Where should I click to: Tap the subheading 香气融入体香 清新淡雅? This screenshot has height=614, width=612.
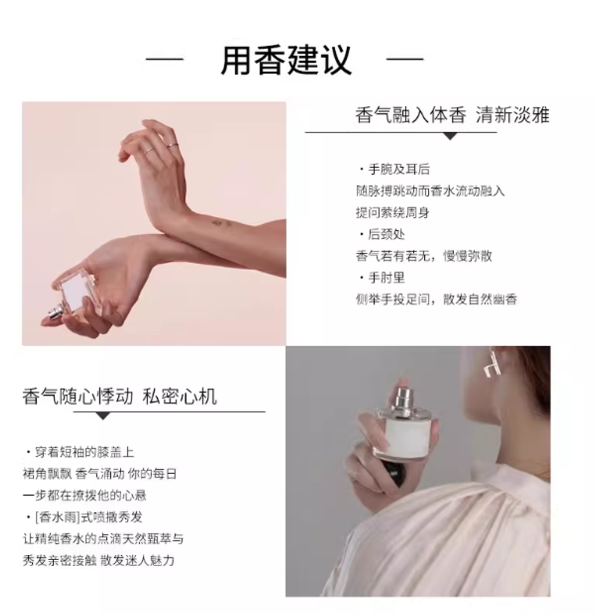tap(452, 115)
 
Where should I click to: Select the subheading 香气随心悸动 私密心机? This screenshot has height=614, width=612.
tap(120, 396)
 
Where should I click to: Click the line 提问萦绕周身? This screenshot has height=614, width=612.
tap(392, 213)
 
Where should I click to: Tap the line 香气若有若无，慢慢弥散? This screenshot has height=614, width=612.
tap(424, 256)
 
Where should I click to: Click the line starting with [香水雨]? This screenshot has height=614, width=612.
tap(84, 517)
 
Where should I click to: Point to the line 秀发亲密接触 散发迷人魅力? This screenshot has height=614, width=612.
tap(98, 560)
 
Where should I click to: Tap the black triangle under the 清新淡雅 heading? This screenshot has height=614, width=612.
tap(450, 136)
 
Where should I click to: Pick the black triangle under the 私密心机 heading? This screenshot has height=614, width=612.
tap(103, 416)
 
